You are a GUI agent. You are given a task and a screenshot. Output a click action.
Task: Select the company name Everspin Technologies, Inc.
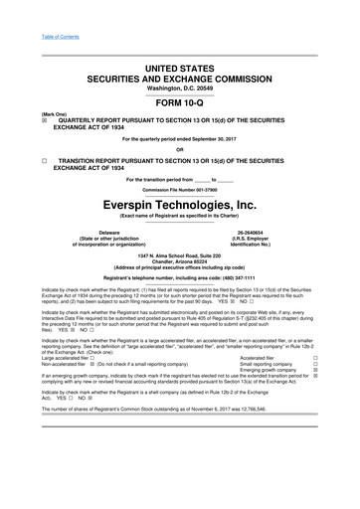click(179, 204)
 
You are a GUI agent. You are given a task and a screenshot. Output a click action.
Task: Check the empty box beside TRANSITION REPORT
click(17, 159)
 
